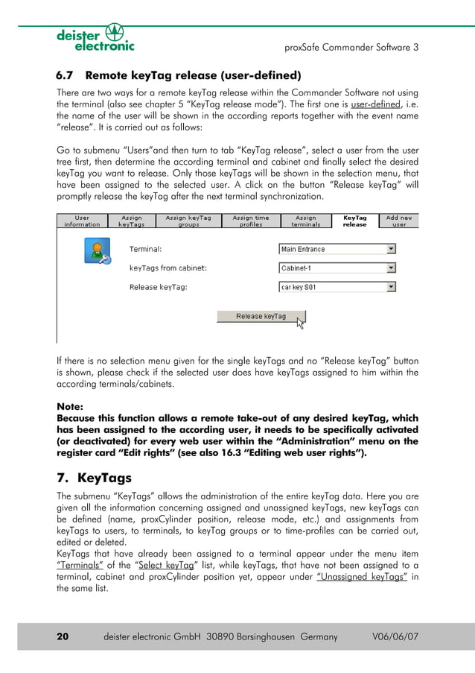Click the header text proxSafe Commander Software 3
[351, 47]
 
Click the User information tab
[83, 221]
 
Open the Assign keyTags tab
[132, 221]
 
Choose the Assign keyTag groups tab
[188, 221]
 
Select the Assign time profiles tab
[250, 221]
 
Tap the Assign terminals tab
[306, 221]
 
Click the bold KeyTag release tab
[354, 221]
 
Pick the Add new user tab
[399, 221]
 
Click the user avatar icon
[95, 251]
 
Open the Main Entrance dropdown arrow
[391, 249]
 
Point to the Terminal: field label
[145, 249]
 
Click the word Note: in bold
[70, 407]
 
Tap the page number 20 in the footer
[63, 636]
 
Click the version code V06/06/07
[395, 636]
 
